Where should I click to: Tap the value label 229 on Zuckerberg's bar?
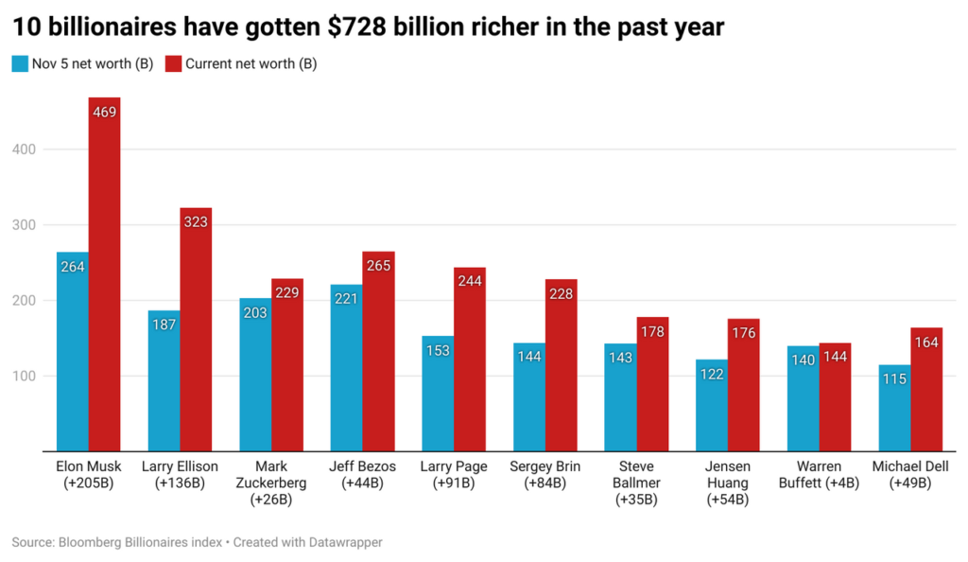coord(287,294)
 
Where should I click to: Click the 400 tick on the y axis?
coord(25,149)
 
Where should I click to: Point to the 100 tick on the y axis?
coord(25,377)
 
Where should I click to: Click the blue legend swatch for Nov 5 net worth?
coord(20,64)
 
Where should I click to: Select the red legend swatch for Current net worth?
coord(173,64)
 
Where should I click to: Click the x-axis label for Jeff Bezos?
coord(362,475)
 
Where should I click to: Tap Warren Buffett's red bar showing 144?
coord(835,397)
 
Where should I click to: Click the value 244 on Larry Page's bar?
coord(470,281)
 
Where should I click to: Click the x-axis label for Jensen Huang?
coord(728,483)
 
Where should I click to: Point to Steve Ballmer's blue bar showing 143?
coord(620,397)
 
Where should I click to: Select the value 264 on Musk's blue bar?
coord(73,267)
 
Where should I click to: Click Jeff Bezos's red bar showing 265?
coord(378,351)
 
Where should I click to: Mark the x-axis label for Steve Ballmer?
coord(636,483)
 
